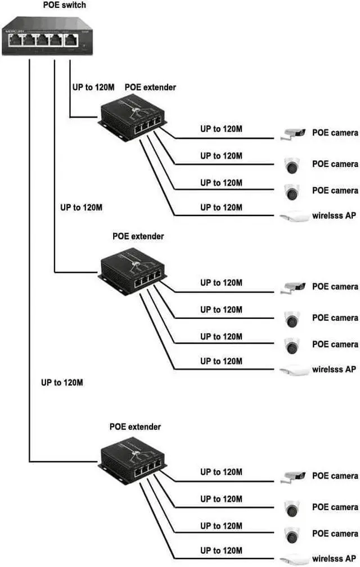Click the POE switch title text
65,6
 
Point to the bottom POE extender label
135,427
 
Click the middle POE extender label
138,236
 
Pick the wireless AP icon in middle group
294,370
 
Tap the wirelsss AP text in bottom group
334,559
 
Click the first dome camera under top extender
292,165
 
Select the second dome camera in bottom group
292,534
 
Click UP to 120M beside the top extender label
93,87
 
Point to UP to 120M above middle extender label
81,207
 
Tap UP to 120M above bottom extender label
62,382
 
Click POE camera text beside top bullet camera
335,133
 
